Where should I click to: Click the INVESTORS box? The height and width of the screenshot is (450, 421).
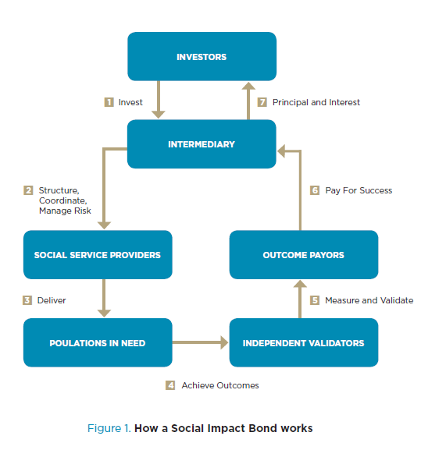pyautogui.click(x=202, y=56)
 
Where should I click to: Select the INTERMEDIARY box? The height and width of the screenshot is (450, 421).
pyautogui.click(x=202, y=144)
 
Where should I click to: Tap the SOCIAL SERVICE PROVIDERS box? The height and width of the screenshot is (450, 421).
pyautogui.click(x=98, y=254)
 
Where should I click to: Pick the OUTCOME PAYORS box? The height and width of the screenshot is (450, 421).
pyautogui.click(x=304, y=254)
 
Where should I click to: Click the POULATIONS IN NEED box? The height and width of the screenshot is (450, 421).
pyautogui.click(x=98, y=342)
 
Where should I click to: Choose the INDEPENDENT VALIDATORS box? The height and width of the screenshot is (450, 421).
pyautogui.click(x=304, y=342)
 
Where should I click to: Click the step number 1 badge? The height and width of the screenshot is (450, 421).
pyautogui.click(x=109, y=102)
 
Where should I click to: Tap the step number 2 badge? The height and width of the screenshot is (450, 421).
pyautogui.click(x=28, y=190)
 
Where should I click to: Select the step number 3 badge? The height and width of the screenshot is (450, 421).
pyautogui.click(x=27, y=300)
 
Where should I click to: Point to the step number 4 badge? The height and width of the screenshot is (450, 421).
pyautogui.click(x=170, y=385)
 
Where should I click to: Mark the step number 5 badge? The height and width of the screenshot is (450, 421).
pyautogui.click(x=315, y=300)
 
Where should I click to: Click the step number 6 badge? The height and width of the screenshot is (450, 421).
pyautogui.click(x=315, y=190)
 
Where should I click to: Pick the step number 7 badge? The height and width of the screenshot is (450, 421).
pyautogui.click(x=262, y=102)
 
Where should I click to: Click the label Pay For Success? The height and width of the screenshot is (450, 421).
pyautogui.click(x=359, y=190)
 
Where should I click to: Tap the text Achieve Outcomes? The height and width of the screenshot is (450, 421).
pyautogui.click(x=220, y=385)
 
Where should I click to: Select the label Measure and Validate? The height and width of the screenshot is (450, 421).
pyautogui.click(x=369, y=300)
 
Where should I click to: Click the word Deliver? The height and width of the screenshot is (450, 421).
pyautogui.click(x=52, y=300)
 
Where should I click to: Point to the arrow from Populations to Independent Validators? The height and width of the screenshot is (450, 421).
pyautogui.click(x=200, y=342)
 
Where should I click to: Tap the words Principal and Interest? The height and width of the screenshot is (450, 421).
pyautogui.click(x=316, y=102)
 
